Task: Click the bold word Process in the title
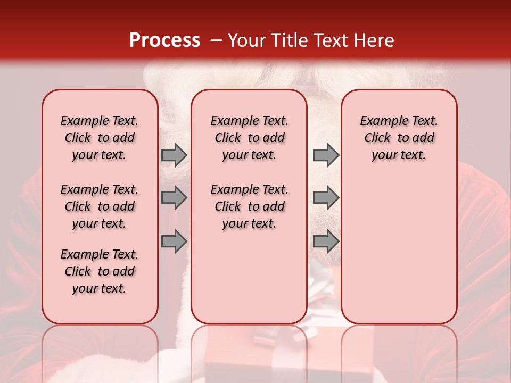coord(164,40)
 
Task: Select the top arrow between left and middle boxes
coord(174,155)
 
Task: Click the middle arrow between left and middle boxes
coord(174,198)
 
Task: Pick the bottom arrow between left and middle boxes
coord(174,241)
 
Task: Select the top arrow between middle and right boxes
coord(326,155)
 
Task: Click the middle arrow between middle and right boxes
coord(326,198)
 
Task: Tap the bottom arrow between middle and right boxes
coord(326,241)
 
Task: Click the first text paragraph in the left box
coord(100,138)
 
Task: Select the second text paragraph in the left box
coord(100,206)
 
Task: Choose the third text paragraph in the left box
coord(100,271)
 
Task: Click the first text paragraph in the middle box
coord(249,138)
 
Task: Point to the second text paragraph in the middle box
coord(249,206)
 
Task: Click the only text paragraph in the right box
coord(399,138)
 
